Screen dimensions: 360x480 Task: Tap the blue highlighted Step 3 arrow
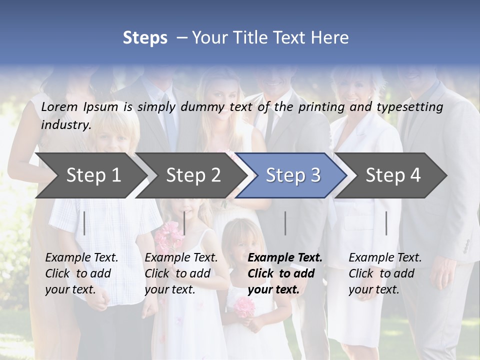(292, 175)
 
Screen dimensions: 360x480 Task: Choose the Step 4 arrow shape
(392, 175)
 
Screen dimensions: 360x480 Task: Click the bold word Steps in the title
(145, 37)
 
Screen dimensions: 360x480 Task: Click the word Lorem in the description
(59, 106)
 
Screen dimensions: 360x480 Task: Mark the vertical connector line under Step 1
(84, 223)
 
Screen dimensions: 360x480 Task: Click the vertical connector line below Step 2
(184, 223)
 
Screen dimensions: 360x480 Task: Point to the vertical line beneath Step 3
(285, 223)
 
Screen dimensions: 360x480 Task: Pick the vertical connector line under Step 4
(386, 223)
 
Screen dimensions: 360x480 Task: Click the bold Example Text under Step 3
(285, 257)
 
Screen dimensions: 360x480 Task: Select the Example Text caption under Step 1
(81, 257)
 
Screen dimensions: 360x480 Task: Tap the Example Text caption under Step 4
(385, 257)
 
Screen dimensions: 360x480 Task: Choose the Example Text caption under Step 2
(181, 257)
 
